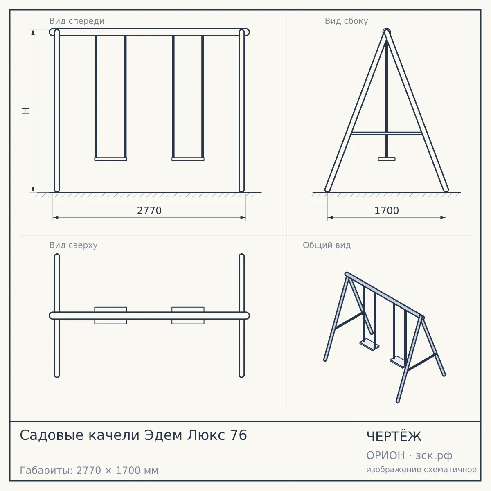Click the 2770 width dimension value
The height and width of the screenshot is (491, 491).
click(149, 211)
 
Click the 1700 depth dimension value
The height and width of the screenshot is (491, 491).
click(387, 211)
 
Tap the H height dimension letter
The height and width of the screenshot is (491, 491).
click(25, 110)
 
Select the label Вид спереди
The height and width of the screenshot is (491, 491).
click(77, 21)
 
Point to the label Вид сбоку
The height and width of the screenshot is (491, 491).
click(346, 21)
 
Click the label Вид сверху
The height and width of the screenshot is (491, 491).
click(73, 245)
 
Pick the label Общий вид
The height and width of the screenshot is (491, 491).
click(327, 245)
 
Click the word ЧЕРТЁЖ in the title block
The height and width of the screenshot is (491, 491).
click(394, 437)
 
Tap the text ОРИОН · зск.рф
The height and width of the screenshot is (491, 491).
click(409, 455)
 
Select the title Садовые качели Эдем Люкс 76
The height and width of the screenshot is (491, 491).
click(133, 435)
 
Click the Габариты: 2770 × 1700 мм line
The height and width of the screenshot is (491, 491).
click(89, 471)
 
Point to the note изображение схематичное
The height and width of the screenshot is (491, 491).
click(421, 470)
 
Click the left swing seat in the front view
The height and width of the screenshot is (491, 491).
click(110, 159)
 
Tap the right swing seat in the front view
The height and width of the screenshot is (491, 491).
click(188, 159)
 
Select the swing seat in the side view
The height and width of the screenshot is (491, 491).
click(387, 159)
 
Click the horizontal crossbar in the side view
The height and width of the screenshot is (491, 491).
click(387, 133)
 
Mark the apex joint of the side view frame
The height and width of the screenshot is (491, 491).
click(387, 32)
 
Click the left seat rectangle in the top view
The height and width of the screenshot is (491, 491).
click(110, 315)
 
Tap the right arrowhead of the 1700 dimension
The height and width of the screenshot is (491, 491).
click(443, 218)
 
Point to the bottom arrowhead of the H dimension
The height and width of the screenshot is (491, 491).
click(33, 189)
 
